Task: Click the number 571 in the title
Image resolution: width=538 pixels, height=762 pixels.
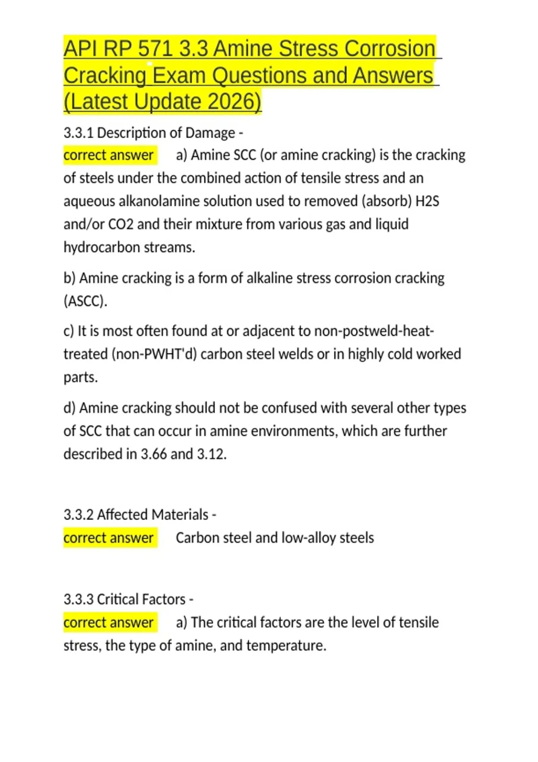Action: [155, 49]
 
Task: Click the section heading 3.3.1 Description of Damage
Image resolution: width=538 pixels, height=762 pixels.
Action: [153, 133]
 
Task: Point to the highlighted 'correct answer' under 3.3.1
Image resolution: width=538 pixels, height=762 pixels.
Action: [108, 155]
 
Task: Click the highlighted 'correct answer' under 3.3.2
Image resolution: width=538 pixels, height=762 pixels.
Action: [108, 537]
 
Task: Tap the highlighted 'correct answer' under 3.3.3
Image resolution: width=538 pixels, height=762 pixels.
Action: [108, 622]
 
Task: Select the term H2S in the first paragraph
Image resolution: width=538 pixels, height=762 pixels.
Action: [427, 201]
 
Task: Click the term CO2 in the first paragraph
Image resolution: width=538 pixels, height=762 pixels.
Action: [121, 224]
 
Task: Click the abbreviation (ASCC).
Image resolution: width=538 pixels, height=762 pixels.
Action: [85, 301]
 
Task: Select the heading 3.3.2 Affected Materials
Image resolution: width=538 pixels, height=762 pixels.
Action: [139, 515]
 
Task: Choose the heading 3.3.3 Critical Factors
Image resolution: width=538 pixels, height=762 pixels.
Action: [128, 599]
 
